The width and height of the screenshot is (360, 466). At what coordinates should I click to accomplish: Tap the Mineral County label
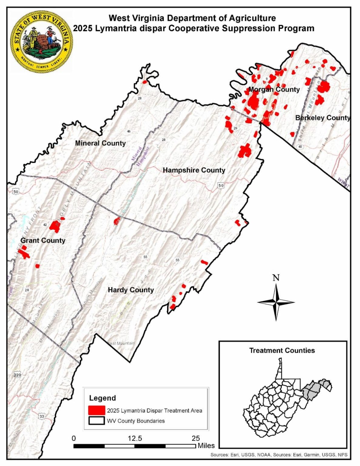click(100, 143)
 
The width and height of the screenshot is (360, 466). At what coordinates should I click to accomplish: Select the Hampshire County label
click(194, 170)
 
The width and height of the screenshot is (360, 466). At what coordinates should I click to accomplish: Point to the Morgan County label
click(274, 89)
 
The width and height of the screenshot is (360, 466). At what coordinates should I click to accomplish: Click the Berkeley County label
click(322, 118)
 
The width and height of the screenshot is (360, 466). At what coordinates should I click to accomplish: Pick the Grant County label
click(43, 241)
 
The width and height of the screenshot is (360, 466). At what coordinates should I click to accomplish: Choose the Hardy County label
click(131, 290)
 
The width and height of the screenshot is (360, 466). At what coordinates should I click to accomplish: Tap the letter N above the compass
click(276, 278)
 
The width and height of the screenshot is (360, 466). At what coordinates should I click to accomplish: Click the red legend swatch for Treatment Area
click(97, 410)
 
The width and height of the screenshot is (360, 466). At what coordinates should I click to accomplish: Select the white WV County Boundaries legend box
click(97, 421)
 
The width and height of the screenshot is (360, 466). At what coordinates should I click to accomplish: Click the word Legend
click(103, 398)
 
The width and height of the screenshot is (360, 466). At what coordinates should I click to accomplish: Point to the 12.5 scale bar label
click(135, 438)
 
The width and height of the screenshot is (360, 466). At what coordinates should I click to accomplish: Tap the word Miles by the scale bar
click(206, 446)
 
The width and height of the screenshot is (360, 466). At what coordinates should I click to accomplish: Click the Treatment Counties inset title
click(282, 351)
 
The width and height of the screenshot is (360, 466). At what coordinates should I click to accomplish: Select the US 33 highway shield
click(42, 417)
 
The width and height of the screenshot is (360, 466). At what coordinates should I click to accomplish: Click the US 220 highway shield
click(18, 375)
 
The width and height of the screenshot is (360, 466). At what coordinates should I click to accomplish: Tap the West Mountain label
click(121, 343)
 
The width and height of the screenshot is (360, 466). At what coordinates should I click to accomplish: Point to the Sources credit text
click(279, 455)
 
